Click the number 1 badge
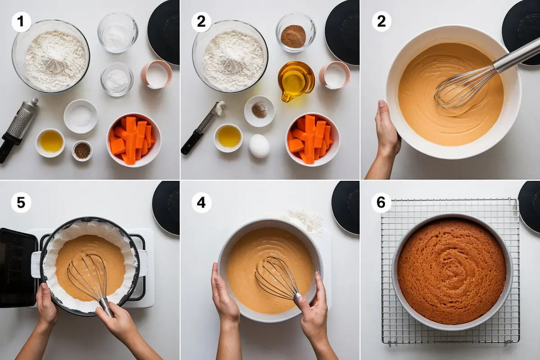pyautogui.click(x=21, y=22)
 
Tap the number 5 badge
pyautogui.click(x=21, y=202)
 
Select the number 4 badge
pyautogui.click(x=201, y=202)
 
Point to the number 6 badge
pyautogui.click(x=381, y=202)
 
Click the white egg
pyautogui.click(x=259, y=146)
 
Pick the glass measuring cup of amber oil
pyautogui.click(x=296, y=81)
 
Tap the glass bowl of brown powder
pyautogui.click(x=296, y=33)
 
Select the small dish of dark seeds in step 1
pyautogui.click(x=82, y=151)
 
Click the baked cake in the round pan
pyautogui.click(x=451, y=271)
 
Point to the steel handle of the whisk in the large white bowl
pyautogui.click(x=516, y=55)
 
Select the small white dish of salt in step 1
pyautogui.click(x=81, y=117)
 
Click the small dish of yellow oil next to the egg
pyautogui.click(x=228, y=138)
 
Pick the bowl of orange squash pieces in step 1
pyautogui.click(x=134, y=140)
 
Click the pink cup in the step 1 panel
pyautogui.click(x=157, y=74)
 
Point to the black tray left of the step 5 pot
pyautogui.click(x=18, y=268)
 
